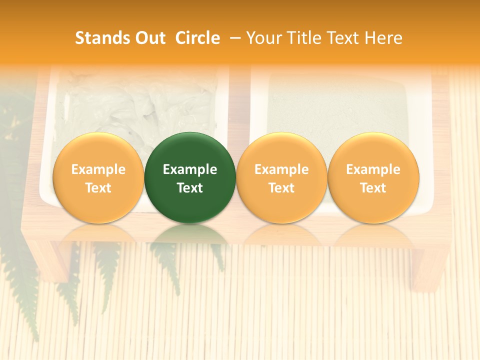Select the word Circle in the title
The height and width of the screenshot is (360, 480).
(197, 38)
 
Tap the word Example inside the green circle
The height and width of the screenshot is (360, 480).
(190, 169)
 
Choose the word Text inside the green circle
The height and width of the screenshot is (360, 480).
(190, 188)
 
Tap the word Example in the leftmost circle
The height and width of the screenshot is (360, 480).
(98, 169)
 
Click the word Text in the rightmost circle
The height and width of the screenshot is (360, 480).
(373, 188)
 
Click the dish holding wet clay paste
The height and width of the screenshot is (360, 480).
(135, 105)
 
